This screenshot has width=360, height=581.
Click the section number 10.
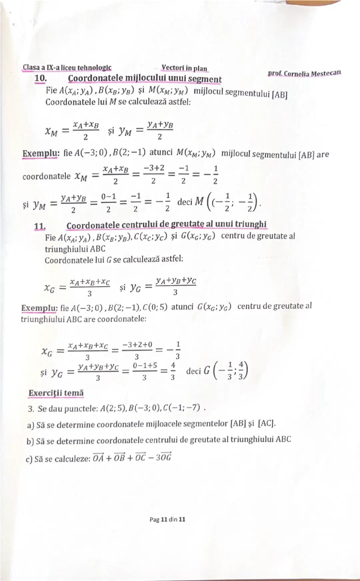point(40,79)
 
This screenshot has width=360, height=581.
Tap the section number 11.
point(40,226)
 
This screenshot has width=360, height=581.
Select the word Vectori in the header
point(172,68)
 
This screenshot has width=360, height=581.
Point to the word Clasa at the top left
point(31,67)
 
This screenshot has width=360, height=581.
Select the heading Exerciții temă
point(56,393)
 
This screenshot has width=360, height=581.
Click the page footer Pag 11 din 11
point(167,519)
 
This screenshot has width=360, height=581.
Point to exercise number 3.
point(31,409)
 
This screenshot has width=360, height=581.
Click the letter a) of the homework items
point(31,425)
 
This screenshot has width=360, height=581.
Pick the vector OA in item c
point(98,458)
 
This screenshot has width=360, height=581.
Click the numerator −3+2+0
point(137,344)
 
